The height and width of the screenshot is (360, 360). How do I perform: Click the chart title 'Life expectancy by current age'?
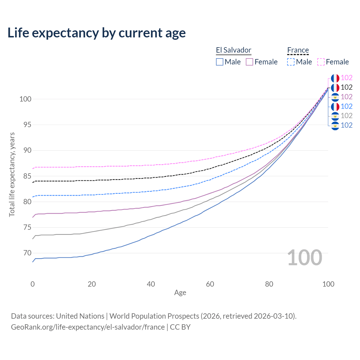(x=96, y=33)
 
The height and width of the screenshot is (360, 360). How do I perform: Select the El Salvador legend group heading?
(x=233, y=50)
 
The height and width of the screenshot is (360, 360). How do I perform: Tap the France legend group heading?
(x=298, y=50)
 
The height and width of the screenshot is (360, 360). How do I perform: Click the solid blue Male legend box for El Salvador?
(x=220, y=62)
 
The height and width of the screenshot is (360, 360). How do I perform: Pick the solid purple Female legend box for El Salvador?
(x=249, y=62)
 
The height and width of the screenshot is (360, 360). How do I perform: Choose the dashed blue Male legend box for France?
(x=291, y=62)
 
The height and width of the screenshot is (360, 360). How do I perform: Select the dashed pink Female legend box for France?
(x=321, y=62)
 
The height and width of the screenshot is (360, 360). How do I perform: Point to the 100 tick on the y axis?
(x=25, y=99)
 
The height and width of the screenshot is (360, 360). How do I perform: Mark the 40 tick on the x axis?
(x=151, y=284)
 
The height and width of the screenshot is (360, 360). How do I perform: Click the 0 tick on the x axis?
(x=33, y=284)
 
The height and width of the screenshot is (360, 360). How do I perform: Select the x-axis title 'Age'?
(x=180, y=293)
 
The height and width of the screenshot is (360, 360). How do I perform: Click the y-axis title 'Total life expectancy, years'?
(x=12, y=175)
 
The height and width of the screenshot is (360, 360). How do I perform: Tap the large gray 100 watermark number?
(x=305, y=258)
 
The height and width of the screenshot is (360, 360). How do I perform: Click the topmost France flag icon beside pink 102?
(x=335, y=78)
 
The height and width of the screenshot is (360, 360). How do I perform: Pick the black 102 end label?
(x=346, y=87)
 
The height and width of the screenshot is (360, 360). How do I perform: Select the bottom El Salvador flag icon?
(x=335, y=125)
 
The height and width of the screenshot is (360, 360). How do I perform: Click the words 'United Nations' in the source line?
(x=80, y=316)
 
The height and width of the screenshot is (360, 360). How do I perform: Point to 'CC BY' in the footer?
(x=180, y=327)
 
